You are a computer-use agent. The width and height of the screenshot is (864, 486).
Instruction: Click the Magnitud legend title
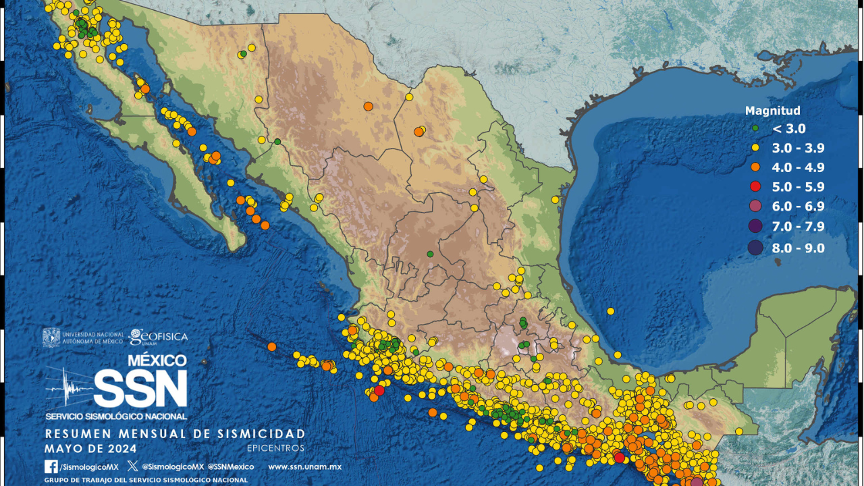772,111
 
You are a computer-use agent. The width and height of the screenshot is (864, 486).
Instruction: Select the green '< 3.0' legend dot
755,129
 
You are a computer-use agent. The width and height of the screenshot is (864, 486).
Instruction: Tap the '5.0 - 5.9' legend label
799,187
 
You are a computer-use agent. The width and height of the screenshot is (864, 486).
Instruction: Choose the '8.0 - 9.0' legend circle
755,248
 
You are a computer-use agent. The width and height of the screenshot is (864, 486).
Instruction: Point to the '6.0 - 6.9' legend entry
799,207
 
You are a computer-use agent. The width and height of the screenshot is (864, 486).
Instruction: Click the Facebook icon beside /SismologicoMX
51,466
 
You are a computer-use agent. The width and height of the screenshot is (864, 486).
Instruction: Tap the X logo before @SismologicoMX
132,466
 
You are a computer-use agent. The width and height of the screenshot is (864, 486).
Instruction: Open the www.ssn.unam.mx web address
304,466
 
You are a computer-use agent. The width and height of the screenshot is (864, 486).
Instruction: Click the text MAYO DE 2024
90,448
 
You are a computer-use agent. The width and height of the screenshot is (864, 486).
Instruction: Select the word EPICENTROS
275,448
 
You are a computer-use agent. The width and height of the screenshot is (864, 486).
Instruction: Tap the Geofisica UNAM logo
158,336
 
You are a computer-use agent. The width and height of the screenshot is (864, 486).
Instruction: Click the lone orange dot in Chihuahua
368,106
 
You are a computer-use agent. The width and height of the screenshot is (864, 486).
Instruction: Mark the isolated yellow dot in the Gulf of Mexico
610,311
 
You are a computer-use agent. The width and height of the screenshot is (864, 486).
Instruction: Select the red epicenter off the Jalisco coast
379,390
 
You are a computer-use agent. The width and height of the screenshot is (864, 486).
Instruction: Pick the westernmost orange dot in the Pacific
271,347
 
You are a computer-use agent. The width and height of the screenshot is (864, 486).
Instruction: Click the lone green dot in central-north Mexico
429,254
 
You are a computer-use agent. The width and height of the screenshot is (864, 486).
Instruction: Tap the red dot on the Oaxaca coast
619,458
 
